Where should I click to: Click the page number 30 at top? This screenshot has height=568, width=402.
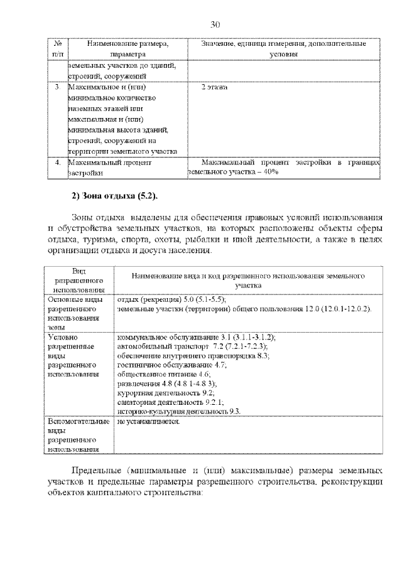click(x=215, y=24)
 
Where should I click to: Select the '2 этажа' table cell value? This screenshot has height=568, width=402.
click(x=214, y=87)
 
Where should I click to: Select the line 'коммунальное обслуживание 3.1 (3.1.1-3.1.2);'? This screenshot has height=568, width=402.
click(x=196, y=337)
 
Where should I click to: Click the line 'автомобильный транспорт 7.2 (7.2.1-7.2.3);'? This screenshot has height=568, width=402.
click(x=192, y=346)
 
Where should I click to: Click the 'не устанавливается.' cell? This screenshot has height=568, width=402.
click(x=148, y=421)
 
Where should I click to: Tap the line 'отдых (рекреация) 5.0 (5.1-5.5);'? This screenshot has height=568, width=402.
click(x=171, y=299)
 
